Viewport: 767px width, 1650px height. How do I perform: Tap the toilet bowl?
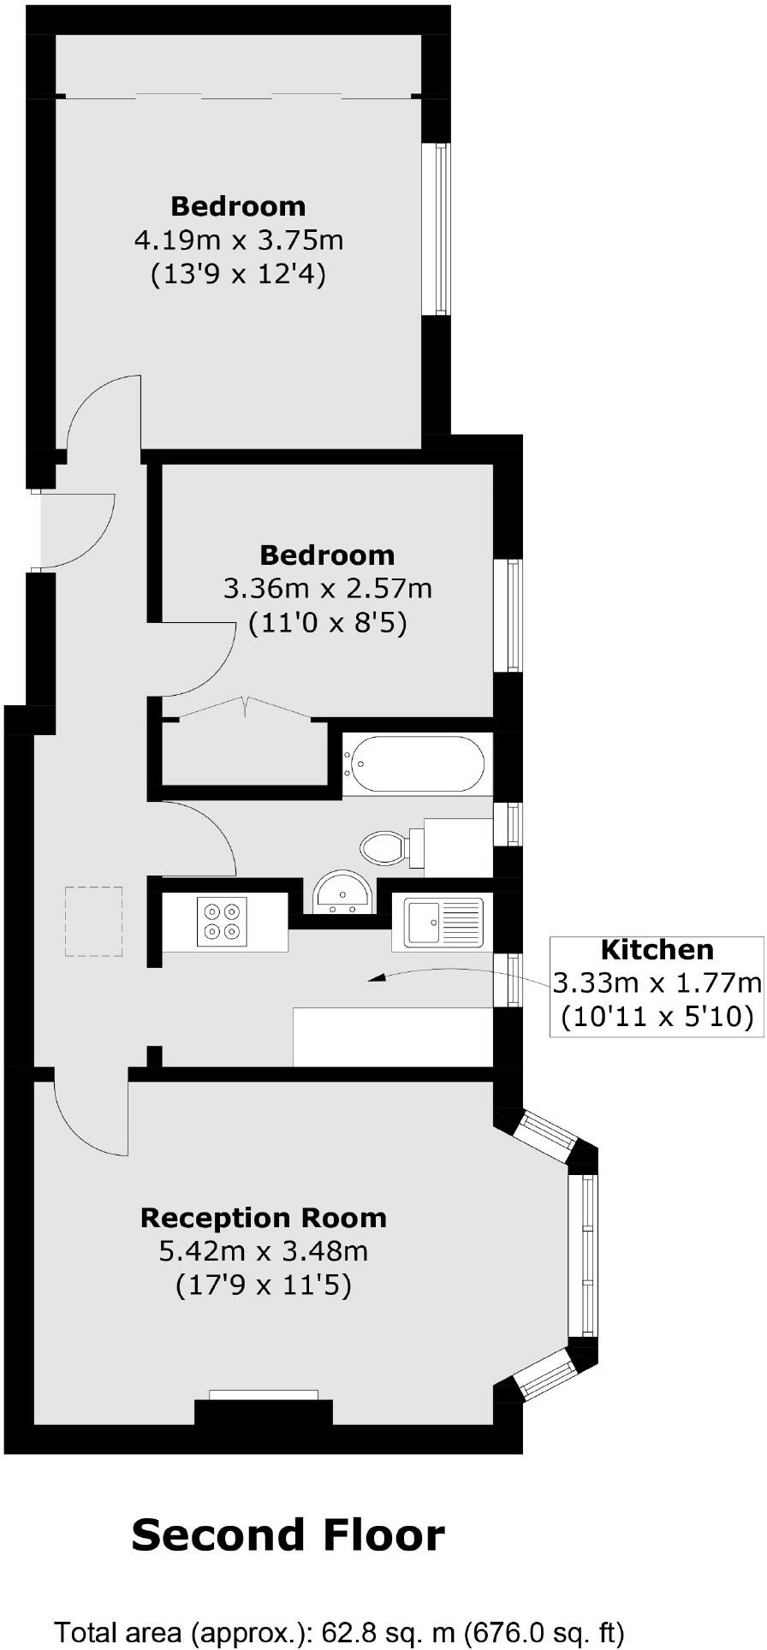[x=383, y=847]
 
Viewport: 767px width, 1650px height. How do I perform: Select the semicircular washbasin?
[x=342, y=893]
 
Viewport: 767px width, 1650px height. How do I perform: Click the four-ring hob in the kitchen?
[x=222, y=922]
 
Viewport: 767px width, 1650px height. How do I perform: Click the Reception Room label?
[x=263, y=1217]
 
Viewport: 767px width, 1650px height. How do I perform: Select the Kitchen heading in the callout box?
[x=657, y=949]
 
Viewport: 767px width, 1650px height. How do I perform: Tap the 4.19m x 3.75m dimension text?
[x=239, y=240]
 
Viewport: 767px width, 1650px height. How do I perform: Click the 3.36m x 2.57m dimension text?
[x=327, y=589]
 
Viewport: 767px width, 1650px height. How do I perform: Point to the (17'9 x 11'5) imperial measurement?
[x=263, y=1285]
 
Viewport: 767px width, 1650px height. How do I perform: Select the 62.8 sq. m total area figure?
[x=388, y=1632]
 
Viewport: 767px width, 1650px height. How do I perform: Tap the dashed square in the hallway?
[x=94, y=921]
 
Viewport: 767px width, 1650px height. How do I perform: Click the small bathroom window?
[x=513, y=822]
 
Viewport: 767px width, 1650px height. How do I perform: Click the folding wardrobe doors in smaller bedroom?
[x=245, y=707]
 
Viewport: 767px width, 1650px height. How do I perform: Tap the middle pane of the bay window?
[x=587, y=1255]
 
